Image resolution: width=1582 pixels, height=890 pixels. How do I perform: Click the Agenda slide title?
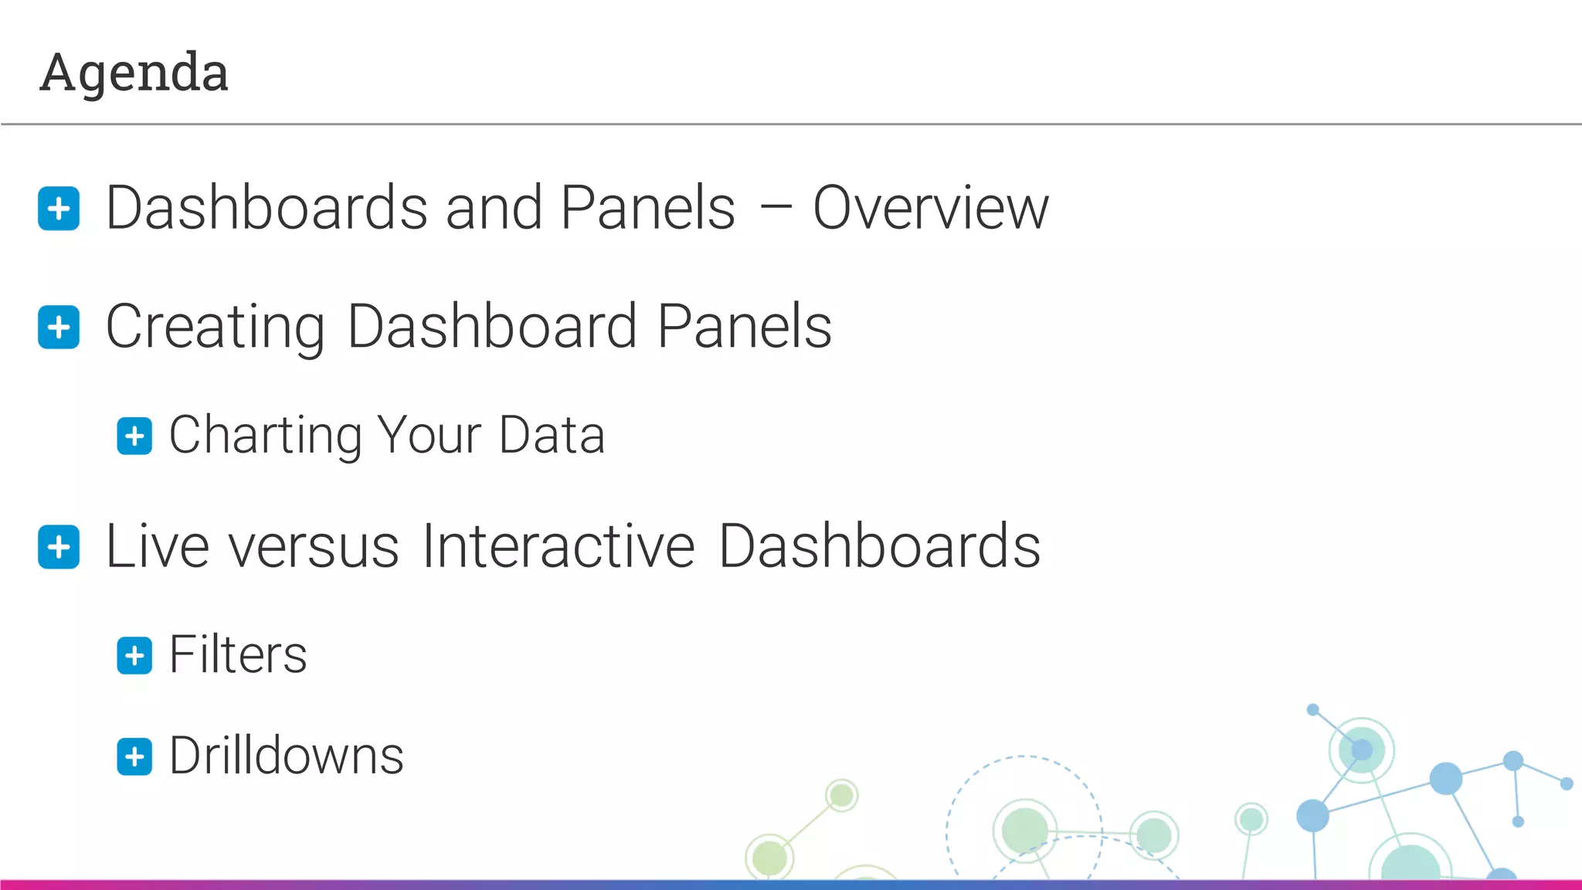(134, 73)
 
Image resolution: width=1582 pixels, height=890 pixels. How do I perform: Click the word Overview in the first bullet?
(931, 209)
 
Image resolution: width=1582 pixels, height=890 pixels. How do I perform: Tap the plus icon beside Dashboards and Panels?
(59, 209)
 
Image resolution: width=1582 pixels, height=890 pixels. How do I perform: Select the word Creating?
(215, 328)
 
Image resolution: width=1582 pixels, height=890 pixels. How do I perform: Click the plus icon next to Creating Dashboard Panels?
(59, 328)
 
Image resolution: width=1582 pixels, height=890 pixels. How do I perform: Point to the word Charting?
(265, 436)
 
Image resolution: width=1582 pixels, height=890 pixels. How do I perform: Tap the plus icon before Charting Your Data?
(134, 437)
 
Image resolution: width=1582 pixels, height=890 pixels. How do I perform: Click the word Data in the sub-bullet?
(552, 436)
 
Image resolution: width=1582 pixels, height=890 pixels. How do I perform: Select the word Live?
(157, 547)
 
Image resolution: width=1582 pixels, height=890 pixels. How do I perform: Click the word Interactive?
(558, 547)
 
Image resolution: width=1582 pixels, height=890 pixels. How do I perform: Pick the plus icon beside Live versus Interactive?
(59, 548)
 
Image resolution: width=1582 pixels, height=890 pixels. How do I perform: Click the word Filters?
(238, 655)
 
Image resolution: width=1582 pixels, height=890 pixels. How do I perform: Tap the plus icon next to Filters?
(134, 656)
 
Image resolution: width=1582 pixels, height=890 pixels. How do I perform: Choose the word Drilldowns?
(287, 756)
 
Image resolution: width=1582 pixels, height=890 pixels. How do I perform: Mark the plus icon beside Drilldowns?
(134, 756)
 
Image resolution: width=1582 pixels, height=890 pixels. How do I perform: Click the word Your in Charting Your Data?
(429, 436)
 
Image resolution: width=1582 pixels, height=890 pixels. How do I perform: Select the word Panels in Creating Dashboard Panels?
(745, 328)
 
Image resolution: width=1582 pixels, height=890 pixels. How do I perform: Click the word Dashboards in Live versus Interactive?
(879, 547)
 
